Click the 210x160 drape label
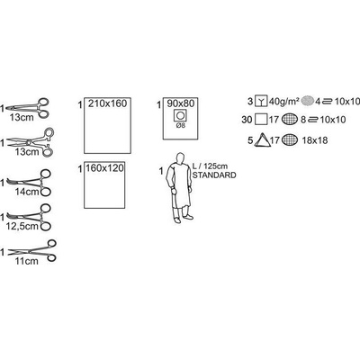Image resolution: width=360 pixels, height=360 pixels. click(x=107, y=103)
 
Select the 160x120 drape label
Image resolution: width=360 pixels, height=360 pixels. click(x=104, y=168)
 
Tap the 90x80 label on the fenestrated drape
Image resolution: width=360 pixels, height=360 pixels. click(x=181, y=103)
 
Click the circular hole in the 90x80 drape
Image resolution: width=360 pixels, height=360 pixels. click(x=181, y=115)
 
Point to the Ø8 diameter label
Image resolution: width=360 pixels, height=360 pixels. click(x=181, y=125)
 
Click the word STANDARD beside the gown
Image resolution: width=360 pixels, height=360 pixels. click(x=214, y=175)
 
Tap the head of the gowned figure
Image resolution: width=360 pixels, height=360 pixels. click(x=180, y=157)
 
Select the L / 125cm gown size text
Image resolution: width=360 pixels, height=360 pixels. click(x=211, y=166)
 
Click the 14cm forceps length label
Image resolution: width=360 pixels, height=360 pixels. click(x=27, y=192)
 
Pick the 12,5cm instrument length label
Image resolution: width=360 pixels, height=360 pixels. click(x=22, y=226)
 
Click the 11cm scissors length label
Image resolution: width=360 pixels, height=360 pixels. click(x=27, y=261)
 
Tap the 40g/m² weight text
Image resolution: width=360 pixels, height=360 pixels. click(x=284, y=102)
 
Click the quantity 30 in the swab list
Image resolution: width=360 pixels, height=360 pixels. click(x=247, y=120)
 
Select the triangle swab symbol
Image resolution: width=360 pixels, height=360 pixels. click(x=262, y=140)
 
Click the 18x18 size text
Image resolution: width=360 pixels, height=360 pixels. click(x=315, y=140)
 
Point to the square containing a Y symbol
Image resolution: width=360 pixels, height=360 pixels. click(x=261, y=101)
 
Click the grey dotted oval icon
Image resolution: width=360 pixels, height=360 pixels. click(x=307, y=102)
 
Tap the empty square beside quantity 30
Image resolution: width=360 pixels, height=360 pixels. click(x=261, y=120)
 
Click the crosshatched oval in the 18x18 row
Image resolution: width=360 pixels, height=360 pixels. click(x=290, y=139)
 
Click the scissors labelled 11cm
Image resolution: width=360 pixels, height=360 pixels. click(x=32, y=251)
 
